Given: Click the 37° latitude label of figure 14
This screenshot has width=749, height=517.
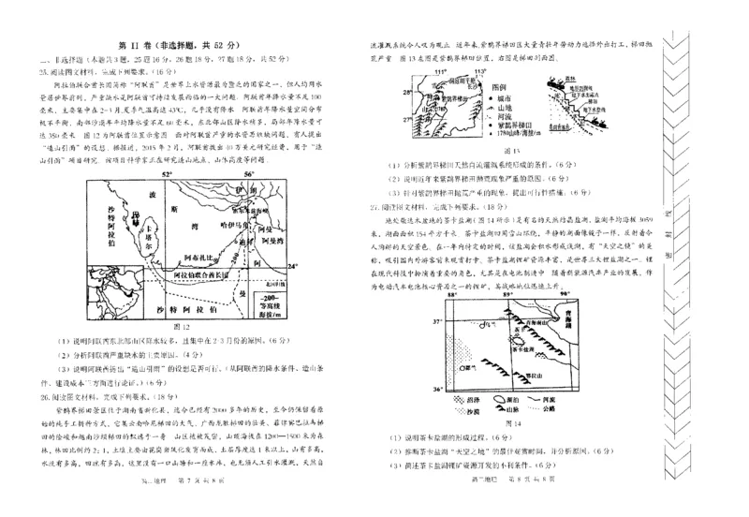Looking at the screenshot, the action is click(x=434, y=319).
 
